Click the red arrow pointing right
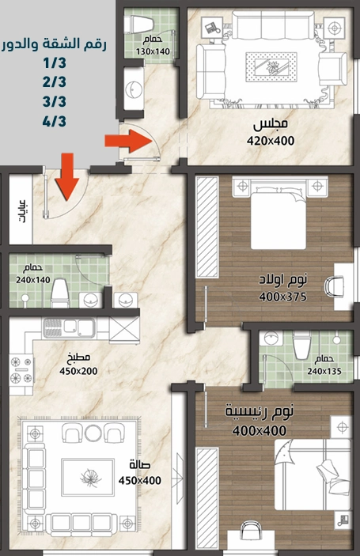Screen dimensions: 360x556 [128, 141]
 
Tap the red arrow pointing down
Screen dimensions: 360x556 [67, 176]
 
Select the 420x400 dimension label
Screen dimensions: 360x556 [271, 141]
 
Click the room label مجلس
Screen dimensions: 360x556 [271, 124]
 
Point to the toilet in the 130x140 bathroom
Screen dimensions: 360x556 [141, 25]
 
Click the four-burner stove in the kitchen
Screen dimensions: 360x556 [21, 370]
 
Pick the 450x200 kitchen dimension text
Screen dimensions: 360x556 [78, 371]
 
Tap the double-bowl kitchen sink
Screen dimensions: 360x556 [69, 327]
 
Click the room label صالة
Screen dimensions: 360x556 [140, 465]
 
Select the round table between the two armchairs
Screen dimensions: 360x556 [93, 433]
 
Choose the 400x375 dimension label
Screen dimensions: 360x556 [282, 297]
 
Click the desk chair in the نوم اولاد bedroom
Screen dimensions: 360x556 [335, 286]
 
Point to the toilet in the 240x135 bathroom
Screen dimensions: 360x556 [301, 345]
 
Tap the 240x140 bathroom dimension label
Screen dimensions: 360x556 [33, 280]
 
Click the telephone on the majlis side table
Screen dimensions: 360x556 [212, 28]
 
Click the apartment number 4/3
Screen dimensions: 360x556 [55, 122]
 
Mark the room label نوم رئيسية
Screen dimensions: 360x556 [260, 411]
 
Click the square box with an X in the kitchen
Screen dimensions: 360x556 [124, 331]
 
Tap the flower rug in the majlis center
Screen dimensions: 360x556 [271, 66]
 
